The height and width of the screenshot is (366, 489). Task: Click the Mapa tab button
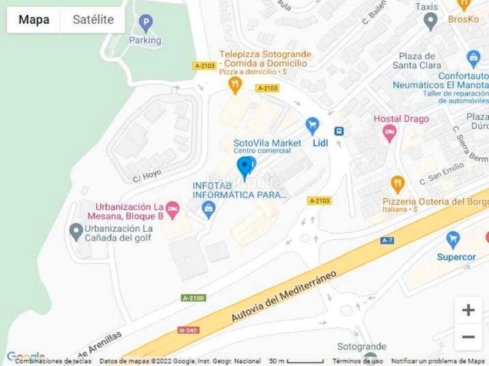tap(34, 20)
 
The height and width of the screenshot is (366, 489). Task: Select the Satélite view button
tap(93, 20)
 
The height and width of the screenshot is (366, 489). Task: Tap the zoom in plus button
tap(468, 310)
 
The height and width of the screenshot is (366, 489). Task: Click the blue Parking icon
tap(145, 24)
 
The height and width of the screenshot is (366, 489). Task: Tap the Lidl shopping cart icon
tap(313, 126)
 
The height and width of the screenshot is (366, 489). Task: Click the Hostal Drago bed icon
tap(389, 133)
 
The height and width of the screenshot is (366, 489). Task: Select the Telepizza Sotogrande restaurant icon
tap(234, 85)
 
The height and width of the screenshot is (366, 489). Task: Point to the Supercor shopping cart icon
tap(453, 239)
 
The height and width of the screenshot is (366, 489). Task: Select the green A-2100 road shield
tap(193, 298)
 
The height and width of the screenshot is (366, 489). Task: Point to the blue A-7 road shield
tap(386, 240)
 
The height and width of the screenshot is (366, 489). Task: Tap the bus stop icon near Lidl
tap(339, 131)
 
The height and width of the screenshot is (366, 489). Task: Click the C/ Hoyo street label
tap(147, 176)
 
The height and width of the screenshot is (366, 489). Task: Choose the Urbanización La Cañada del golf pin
tap(76, 231)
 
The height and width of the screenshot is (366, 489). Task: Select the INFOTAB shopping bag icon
tap(208, 211)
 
